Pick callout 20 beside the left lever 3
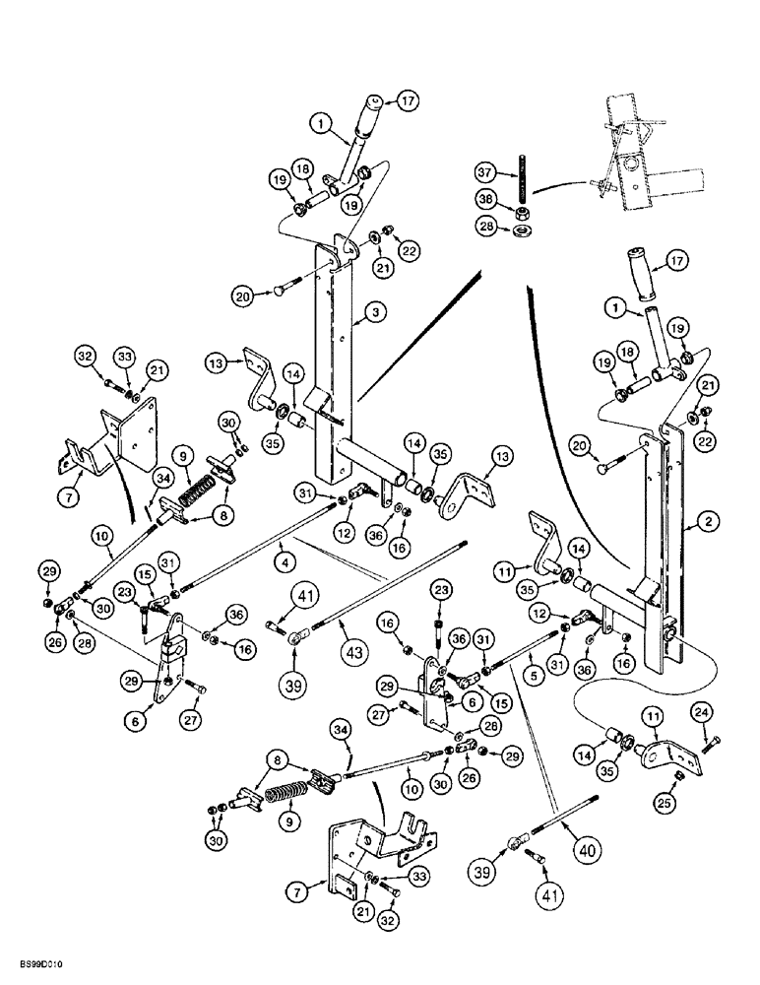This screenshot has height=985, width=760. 243,294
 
